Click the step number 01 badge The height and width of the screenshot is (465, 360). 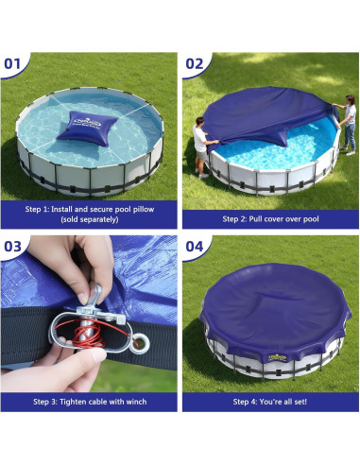(x=15, y=64)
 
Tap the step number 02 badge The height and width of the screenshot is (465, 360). (x=196, y=64)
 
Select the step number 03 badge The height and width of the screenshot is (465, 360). (x=15, y=248)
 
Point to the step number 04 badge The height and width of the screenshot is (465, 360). (x=196, y=248)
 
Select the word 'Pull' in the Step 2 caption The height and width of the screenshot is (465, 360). (x=256, y=218)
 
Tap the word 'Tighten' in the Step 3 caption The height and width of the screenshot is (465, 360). (x=68, y=402)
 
